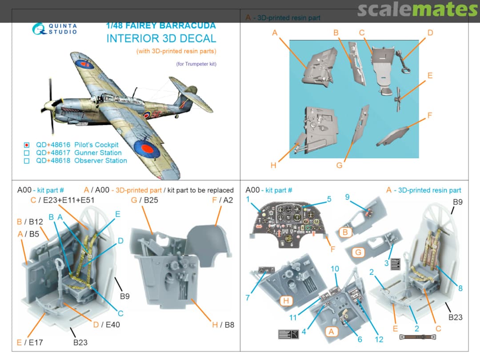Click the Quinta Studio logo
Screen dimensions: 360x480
[x=54, y=28]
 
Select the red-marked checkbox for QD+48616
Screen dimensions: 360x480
[x=27, y=145]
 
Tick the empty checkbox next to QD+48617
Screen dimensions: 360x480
[x=27, y=153]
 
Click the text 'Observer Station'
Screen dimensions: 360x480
[x=100, y=160]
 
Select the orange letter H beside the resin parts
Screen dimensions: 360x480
[x=273, y=165]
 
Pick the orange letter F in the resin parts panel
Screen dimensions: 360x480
[x=429, y=116]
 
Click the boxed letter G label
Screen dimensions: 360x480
[x=358, y=252]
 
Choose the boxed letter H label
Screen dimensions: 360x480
[x=286, y=301]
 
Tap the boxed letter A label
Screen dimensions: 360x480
[x=330, y=331]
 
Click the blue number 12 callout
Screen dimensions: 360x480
[x=379, y=340]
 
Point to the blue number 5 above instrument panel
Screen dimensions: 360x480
[x=329, y=199]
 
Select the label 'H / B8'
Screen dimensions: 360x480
[x=223, y=325]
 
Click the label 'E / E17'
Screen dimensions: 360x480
[x=30, y=342]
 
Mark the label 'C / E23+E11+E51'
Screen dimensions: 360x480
[x=63, y=200]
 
